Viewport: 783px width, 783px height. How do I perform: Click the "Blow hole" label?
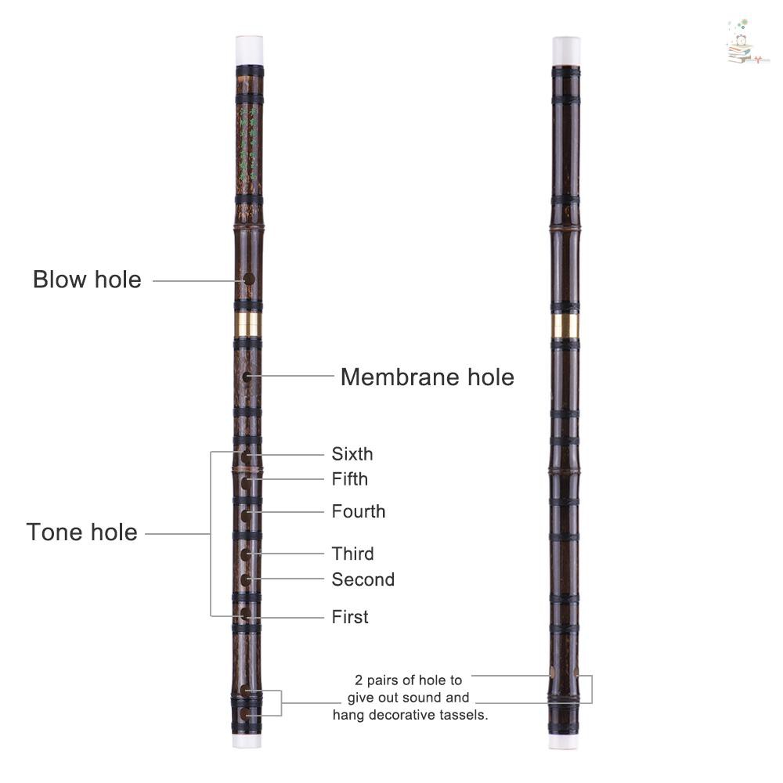pyautogui.click(x=87, y=280)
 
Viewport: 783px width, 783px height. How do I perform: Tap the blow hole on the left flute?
pyautogui.click(x=249, y=280)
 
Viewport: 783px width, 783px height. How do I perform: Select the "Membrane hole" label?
pyautogui.click(x=428, y=377)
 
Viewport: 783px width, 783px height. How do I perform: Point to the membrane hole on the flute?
pyautogui.click(x=247, y=377)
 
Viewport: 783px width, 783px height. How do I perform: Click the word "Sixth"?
pyautogui.click(x=352, y=454)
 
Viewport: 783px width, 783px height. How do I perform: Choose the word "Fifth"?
pyautogui.click(x=349, y=479)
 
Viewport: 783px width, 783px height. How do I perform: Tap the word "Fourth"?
pyautogui.click(x=359, y=511)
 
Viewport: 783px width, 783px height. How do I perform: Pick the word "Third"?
pyautogui.click(x=352, y=554)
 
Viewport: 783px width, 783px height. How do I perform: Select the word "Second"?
pyautogui.click(x=363, y=579)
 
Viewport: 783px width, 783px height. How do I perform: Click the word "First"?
pyautogui.click(x=350, y=617)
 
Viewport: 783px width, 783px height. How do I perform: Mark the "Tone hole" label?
pyautogui.click(x=82, y=532)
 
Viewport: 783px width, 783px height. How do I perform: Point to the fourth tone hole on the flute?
pyautogui.click(x=246, y=515)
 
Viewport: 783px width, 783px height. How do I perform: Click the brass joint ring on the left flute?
pyautogui.click(x=248, y=326)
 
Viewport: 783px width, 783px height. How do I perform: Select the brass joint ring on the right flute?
pyautogui.click(x=565, y=326)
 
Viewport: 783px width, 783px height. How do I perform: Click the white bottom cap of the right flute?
pyautogui.click(x=563, y=742)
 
